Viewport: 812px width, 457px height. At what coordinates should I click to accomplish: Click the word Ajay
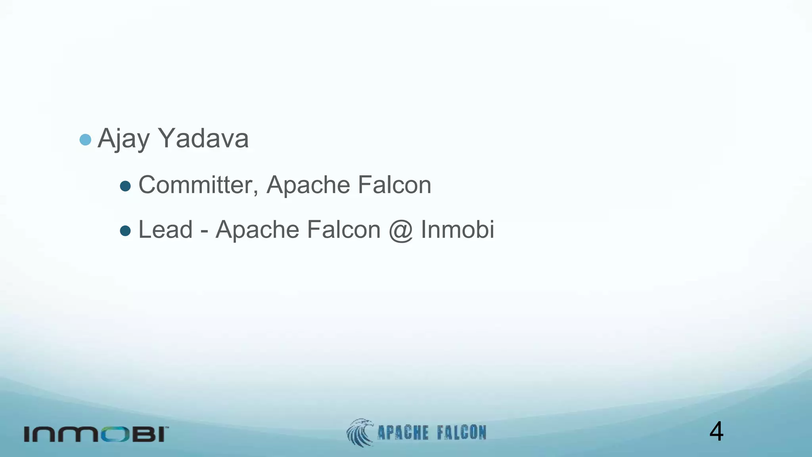pyautogui.click(x=124, y=139)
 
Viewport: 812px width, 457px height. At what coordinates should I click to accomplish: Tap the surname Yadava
pyautogui.click(x=203, y=139)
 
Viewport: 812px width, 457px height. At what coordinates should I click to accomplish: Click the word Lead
pyautogui.click(x=165, y=230)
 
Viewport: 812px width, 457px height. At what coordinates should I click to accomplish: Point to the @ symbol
pyautogui.click(x=400, y=230)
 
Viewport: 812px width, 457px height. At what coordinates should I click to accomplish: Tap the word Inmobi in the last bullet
pyautogui.click(x=457, y=230)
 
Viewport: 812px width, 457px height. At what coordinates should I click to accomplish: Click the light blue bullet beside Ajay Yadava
pyautogui.click(x=85, y=140)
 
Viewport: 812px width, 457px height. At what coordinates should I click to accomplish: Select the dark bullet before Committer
pyautogui.click(x=125, y=186)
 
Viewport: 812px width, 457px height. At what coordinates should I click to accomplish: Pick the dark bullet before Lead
pyautogui.click(x=125, y=231)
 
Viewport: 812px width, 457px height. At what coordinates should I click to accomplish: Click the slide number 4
pyautogui.click(x=716, y=432)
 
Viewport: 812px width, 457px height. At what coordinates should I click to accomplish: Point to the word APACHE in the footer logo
pyautogui.click(x=402, y=433)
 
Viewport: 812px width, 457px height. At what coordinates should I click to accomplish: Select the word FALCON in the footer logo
pyautogui.click(x=462, y=433)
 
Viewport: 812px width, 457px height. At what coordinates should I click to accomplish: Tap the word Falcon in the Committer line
pyautogui.click(x=394, y=185)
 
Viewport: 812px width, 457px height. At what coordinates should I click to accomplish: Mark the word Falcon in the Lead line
pyautogui.click(x=343, y=230)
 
